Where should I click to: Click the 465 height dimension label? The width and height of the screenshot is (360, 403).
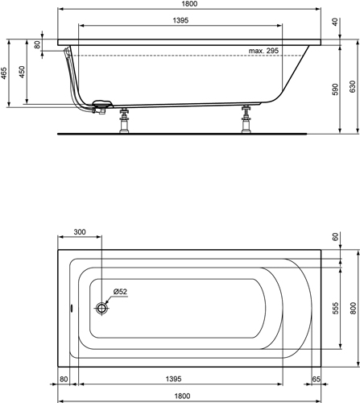[x=4, y=73]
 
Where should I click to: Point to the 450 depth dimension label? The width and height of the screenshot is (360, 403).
[x=22, y=72]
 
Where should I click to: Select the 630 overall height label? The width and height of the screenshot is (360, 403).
[x=353, y=86]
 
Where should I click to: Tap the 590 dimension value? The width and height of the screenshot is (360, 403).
[x=335, y=89]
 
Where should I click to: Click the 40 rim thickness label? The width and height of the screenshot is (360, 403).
[x=335, y=22]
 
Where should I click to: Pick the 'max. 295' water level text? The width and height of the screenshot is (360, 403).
[x=263, y=51]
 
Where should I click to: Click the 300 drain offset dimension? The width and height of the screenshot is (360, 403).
[x=80, y=232]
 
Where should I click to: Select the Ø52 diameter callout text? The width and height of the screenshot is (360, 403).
[x=120, y=292]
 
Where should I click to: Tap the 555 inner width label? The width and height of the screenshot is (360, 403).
[x=335, y=308]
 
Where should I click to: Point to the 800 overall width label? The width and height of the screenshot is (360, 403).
[x=353, y=308]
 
